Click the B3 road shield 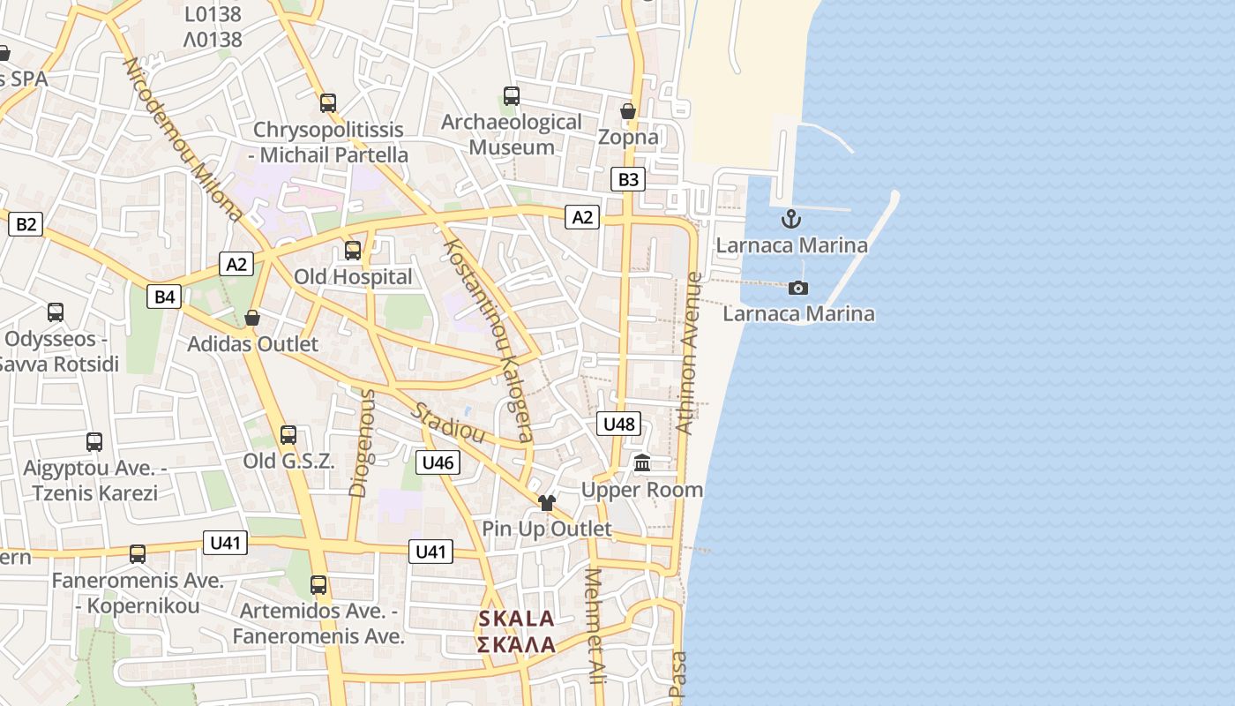(627, 180)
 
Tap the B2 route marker (26, 224)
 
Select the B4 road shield (165, 297)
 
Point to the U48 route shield (618, 424)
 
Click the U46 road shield (438, 462)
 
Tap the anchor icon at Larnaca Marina (791, 219)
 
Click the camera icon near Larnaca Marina (798, 288)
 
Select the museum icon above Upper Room (642, 463)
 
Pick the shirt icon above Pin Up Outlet (547, 503)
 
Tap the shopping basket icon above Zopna (628, 111)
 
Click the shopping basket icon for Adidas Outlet (252, 318)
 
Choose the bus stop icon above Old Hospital (353, 251)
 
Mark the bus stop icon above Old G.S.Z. (288, 435)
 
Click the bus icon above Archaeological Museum (512, 96)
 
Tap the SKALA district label (516, 631)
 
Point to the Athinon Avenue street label (688, 353)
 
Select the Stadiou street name (448, 423)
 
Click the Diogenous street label (361, 443)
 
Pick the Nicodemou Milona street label (183, 139)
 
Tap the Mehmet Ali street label (596, 627)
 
